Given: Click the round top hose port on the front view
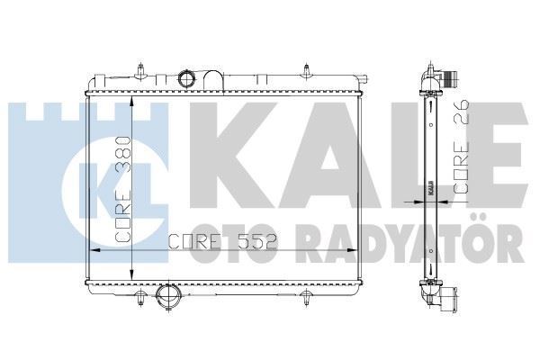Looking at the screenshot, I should pyautogui.click(x=186, y=79).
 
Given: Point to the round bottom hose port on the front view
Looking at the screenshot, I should pyautogui.click(x=166, y=296).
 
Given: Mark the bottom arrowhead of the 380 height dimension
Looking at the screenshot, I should pyautogui.click(x=134, y=276).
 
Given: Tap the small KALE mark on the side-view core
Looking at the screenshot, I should pyautogui.click(x=430, y=190).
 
